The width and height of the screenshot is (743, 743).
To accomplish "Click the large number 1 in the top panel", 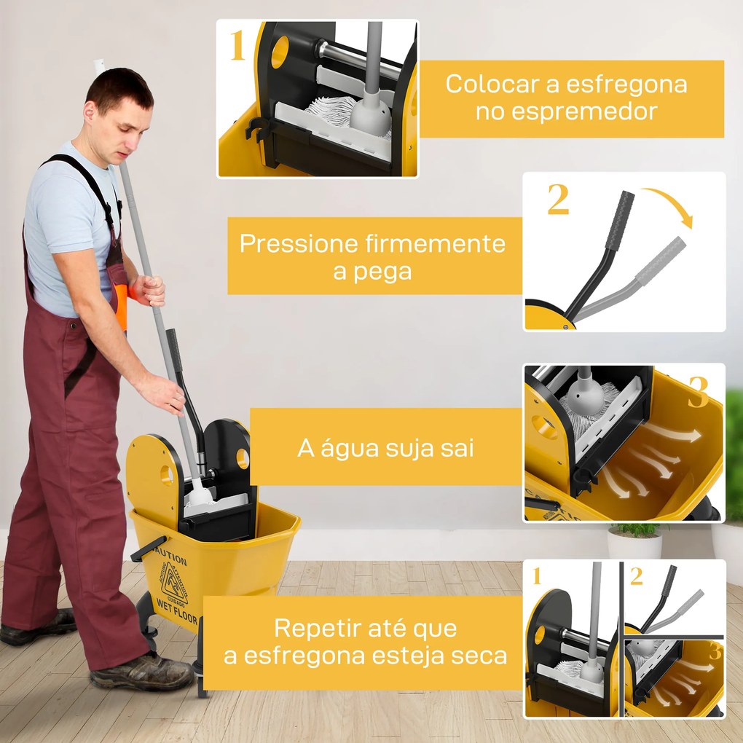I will point(238,47).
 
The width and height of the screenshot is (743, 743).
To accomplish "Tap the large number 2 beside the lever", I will point(558,200).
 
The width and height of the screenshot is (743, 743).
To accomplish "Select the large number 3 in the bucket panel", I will point(698,393).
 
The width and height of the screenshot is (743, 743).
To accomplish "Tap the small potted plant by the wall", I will point(634,539).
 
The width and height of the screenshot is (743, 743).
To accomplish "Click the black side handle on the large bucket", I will point(148,549).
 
